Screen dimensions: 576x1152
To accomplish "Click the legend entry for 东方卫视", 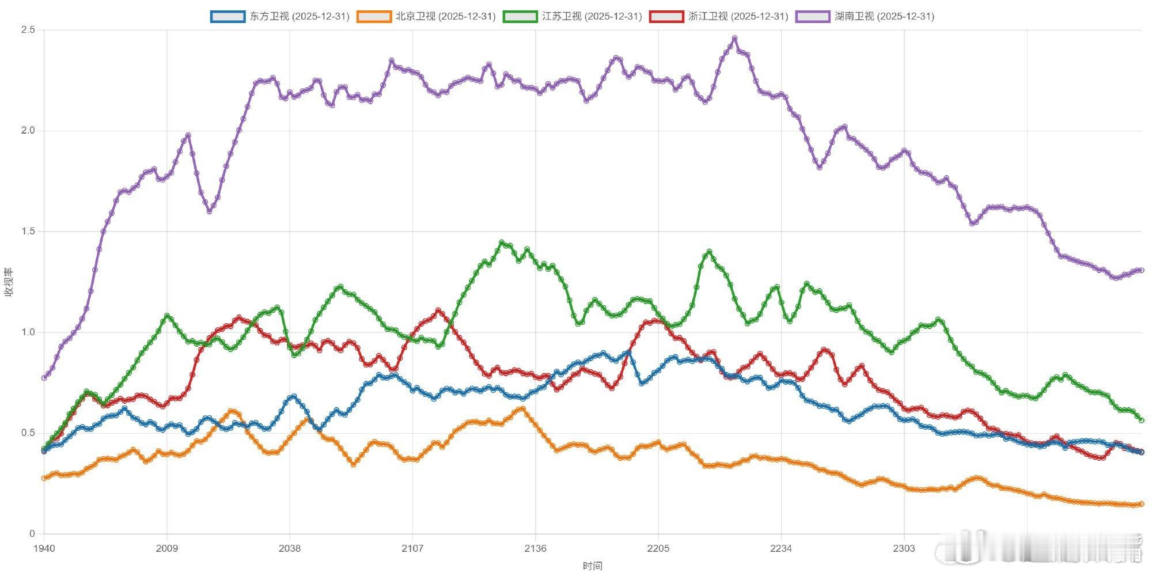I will [280, 16].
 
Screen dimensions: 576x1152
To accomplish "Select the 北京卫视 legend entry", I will [426, 16].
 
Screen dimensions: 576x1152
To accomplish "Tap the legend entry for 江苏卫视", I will [573, 16].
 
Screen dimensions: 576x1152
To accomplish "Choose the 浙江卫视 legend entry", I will [719, 16].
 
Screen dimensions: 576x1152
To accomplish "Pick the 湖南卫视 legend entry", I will [865, 16].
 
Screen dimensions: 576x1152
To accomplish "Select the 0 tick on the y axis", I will [32, 534].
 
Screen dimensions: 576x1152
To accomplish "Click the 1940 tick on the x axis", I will [44, 548].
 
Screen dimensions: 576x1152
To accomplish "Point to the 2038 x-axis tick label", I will [290, 548].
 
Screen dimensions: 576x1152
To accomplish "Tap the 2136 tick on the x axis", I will [535, 548].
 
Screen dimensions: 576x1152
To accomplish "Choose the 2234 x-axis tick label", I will [781, 548].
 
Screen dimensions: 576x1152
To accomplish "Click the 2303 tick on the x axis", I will [904, 548].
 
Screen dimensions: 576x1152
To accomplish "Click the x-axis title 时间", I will [592, 566].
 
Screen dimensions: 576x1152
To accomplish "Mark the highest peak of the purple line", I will [734, 39].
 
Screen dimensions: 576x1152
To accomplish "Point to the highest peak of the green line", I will [502, 243].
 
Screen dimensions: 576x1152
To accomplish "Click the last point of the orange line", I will [1142, 504].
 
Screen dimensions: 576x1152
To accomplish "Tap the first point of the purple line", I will [44, 378].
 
